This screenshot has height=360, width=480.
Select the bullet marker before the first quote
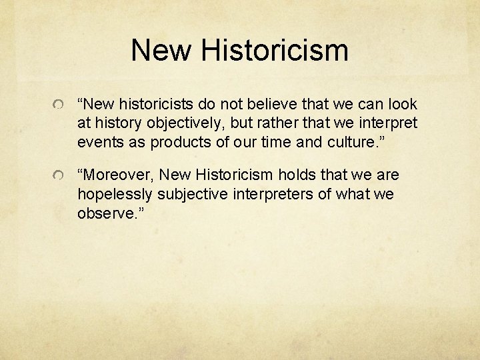pos(60,107)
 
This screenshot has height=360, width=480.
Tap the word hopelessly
pos(113,193)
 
